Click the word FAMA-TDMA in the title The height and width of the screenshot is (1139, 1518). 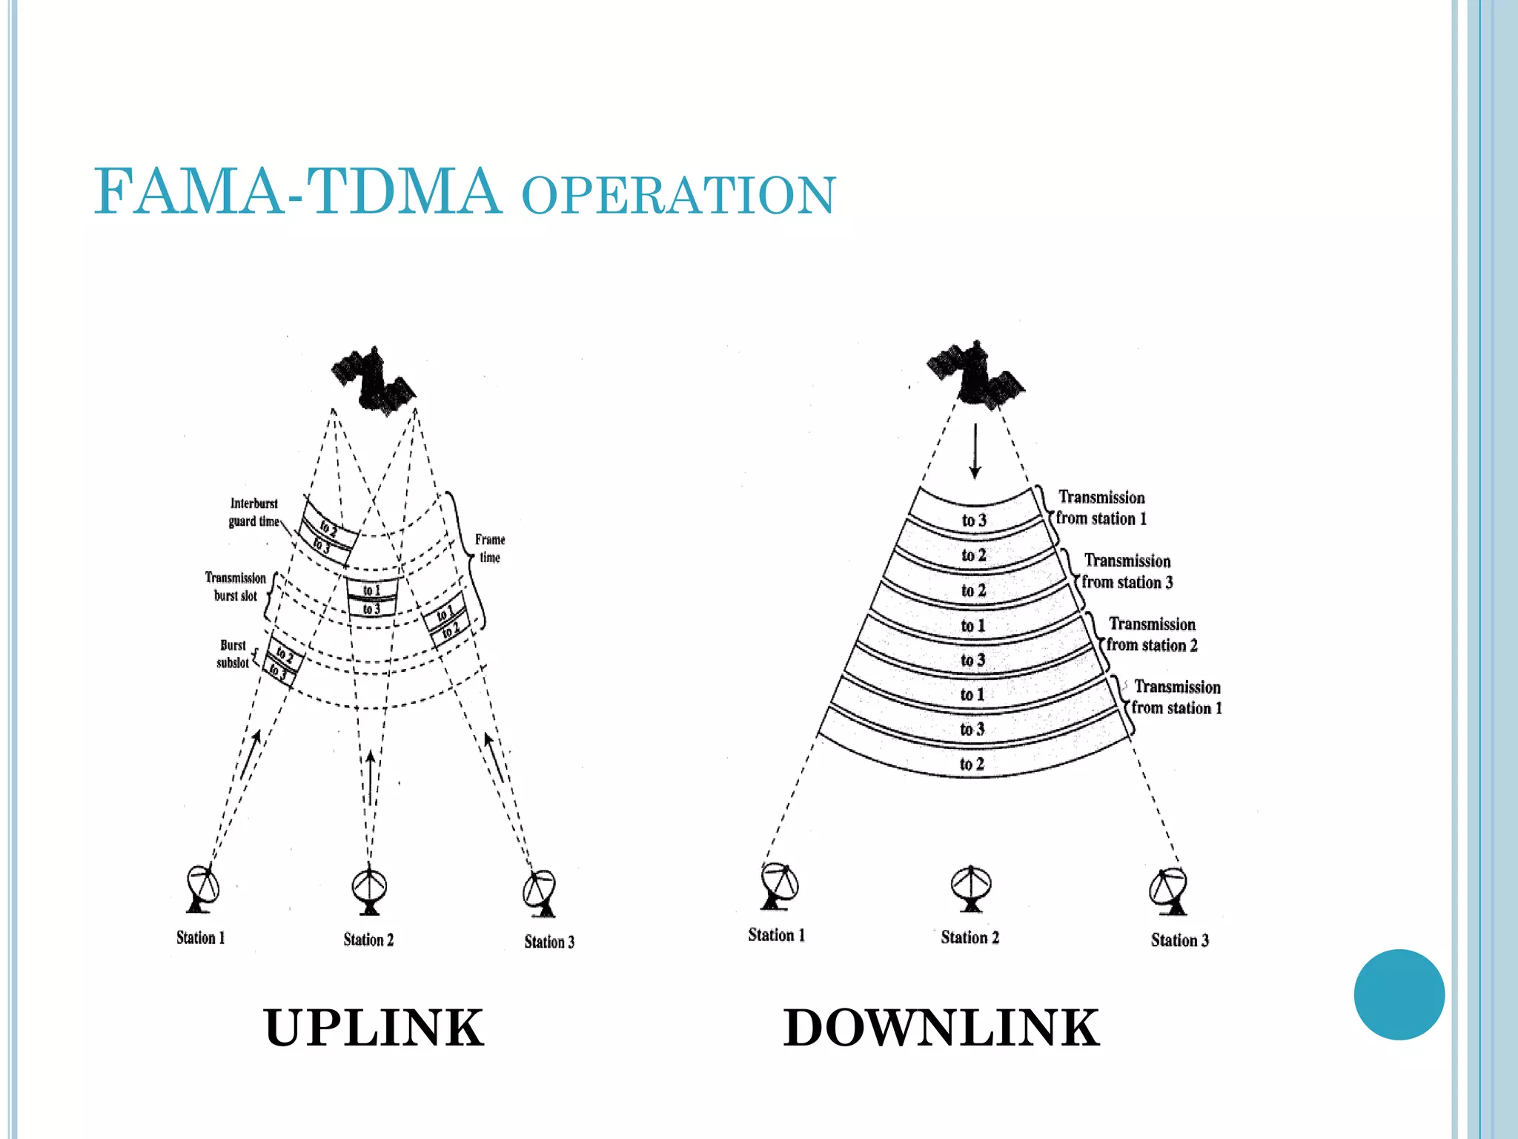296,191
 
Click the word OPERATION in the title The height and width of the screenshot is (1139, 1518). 678,196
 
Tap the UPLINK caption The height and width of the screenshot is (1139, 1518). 374,1028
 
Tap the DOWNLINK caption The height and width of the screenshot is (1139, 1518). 941,1028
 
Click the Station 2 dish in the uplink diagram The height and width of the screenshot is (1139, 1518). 368,890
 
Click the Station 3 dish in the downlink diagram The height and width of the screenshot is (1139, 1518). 1169,891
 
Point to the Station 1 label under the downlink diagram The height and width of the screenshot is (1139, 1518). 776,935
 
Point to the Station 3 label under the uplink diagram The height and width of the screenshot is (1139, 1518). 549,942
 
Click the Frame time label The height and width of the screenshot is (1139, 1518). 490,548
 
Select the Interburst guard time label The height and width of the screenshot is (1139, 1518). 253,512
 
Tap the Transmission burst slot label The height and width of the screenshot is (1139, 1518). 235,587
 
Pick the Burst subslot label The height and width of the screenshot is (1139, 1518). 233,654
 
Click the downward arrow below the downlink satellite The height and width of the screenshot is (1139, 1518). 975,451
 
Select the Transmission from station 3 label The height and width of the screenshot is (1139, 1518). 1127,572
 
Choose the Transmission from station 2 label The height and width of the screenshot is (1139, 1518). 1152,635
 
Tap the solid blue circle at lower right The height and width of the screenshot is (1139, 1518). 1399,994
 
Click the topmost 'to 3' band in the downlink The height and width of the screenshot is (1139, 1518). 974,520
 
